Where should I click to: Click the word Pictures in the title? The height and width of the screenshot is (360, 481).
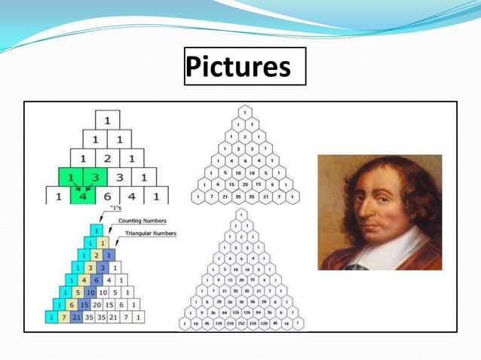click(238, 66)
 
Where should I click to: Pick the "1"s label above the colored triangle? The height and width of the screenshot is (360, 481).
click(116, 208)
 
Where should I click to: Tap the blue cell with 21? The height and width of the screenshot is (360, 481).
click(75, 318)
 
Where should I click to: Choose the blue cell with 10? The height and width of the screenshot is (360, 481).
click(90, 291)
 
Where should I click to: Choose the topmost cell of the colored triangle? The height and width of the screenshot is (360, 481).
click(97, 229)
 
